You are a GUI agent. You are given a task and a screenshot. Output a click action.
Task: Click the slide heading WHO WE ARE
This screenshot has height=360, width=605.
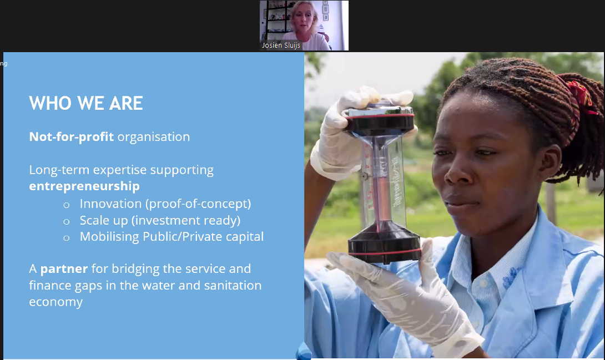[86, 103]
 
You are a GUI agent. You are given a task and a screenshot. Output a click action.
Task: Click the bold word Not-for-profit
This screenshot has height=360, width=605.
[72, 137]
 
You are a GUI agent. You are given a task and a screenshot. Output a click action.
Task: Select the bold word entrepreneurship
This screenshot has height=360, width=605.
[84, 186]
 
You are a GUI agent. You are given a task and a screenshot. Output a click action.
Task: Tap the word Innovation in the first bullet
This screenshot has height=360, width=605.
[111, 204]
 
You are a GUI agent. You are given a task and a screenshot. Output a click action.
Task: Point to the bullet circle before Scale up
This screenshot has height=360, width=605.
[67, 222]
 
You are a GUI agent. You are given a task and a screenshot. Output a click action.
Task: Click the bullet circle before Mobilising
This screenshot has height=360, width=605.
[67, 238]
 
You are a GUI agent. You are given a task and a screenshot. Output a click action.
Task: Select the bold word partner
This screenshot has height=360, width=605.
[64, 269]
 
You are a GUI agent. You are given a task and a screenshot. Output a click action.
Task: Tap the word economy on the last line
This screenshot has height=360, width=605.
[56, 302]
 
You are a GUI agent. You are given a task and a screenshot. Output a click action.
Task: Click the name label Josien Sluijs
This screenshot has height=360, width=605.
[281, 45]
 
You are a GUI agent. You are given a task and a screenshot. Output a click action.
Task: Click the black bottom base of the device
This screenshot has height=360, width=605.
[384, 244]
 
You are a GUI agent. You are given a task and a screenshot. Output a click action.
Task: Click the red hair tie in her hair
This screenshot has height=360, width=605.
[579, 97]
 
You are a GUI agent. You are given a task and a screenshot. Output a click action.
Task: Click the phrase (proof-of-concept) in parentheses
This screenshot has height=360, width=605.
[198, 204]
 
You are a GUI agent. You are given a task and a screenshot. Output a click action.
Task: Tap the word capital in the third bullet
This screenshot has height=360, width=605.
[245, 237]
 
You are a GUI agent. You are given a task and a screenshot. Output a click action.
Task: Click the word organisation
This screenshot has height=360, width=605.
[154, 137]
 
